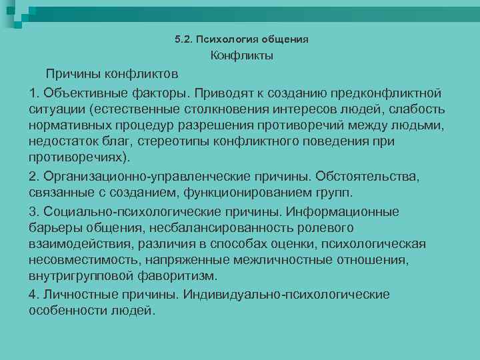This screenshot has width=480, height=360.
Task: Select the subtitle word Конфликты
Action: point(242,56)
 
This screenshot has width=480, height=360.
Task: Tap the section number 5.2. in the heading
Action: point(183,39)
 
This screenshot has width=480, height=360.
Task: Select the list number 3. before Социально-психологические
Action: point(36,212)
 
